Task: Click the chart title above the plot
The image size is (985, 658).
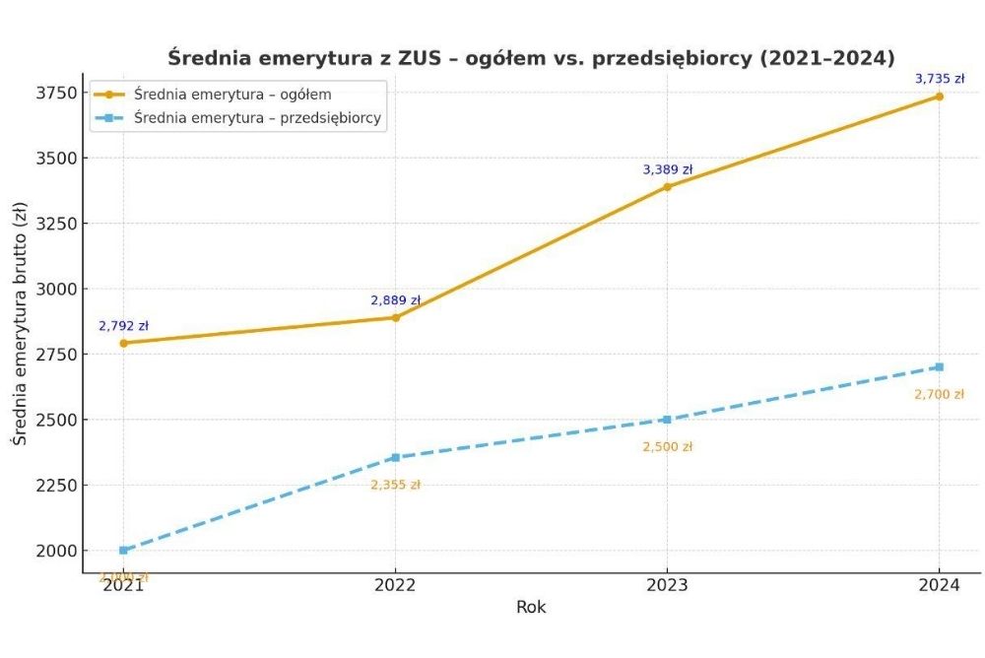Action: coord(531,57)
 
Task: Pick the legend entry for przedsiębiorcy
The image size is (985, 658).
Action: coord(257,118)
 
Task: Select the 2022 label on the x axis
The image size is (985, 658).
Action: coord(395,583)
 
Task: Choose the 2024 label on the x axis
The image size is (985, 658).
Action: coord(939,583)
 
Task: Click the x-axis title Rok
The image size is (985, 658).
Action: coord(531,608)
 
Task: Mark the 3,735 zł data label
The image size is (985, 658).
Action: coord(940,79)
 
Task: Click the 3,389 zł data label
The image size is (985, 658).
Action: coord(668,169)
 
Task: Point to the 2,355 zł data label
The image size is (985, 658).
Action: coord(395,485)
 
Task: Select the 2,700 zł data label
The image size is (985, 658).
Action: coord(939,395)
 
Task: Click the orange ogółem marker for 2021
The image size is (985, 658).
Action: coord(123,343)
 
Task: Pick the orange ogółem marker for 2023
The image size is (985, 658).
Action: coord(667,186)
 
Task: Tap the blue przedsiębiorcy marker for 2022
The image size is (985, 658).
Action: coord(395,457)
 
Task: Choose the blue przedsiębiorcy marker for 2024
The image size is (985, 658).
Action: coord(939,366)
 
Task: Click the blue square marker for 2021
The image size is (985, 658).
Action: coord(123,551)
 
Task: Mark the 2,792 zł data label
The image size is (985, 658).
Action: coord(123,326)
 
